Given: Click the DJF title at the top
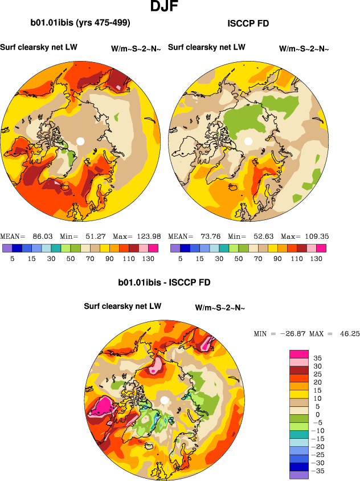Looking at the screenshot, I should click(166, 7).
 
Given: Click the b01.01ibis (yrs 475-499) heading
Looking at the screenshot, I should click(80, 23).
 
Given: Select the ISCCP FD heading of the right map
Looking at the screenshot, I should click(248, 23).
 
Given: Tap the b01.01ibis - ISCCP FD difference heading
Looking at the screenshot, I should click(164, 282).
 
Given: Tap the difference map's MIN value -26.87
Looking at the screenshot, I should click(291, 333).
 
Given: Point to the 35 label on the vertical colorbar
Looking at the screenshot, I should click(317, 358).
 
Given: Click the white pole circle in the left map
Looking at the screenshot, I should click(80, 141).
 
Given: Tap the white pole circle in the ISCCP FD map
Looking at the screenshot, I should click(248, 141).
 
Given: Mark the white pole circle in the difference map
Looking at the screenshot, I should click(164, 400).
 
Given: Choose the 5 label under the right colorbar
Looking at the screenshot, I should click(180, 258).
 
